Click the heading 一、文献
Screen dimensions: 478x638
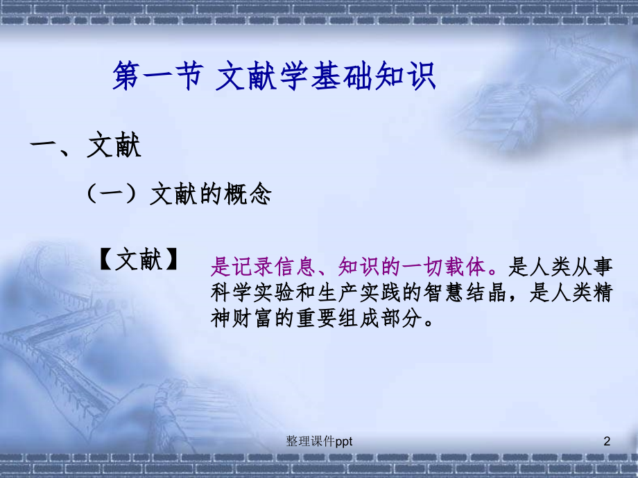click(85, 147)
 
